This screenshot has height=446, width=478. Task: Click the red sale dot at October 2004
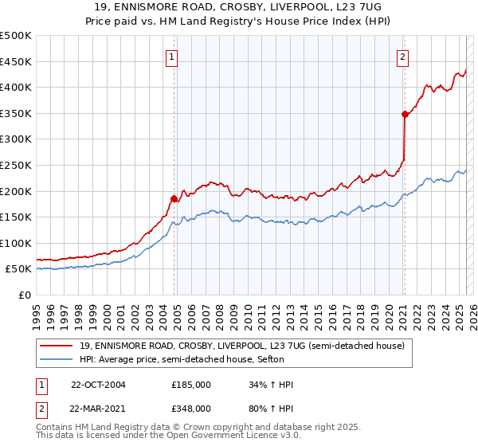click(174, 198)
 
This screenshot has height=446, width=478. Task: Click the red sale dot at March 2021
click(405, 114)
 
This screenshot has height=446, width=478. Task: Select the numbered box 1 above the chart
click(172, 57)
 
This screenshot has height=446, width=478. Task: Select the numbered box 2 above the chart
click(403, 57)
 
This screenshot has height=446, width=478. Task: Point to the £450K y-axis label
click(16, 61)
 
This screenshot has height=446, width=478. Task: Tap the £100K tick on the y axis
click(16, 243)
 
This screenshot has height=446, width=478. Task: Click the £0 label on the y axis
click(25, 295)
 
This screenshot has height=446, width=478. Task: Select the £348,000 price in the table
click(191, 408)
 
